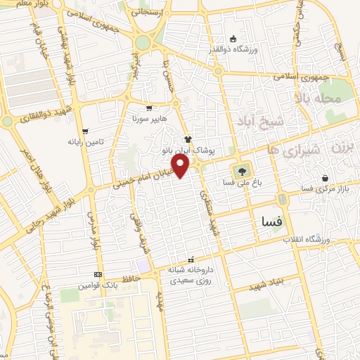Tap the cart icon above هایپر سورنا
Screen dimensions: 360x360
point(149,108)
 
